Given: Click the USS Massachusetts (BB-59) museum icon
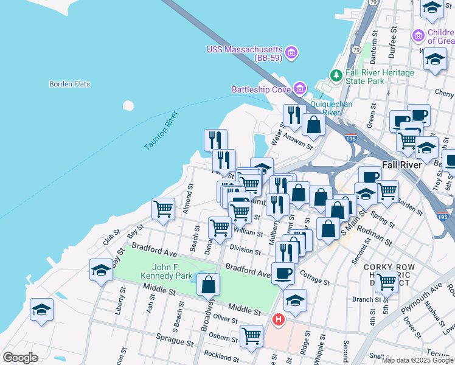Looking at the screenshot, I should pos(291,53).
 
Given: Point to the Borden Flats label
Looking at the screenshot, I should pos(69,84).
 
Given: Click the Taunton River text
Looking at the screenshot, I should pos(161,130).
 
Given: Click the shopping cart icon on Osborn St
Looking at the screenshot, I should pos(251,335).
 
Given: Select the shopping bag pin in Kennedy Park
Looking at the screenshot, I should pos(208,283).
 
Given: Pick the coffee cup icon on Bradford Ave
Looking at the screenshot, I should pos(283,272).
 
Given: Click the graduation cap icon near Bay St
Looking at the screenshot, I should pos(101,269).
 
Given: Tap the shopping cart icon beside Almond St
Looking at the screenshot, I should pos(163,209).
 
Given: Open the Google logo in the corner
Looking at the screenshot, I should pos(20,358).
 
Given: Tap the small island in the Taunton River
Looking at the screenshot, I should pos(128,105).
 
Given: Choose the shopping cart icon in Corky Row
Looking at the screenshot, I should pos(386,282).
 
